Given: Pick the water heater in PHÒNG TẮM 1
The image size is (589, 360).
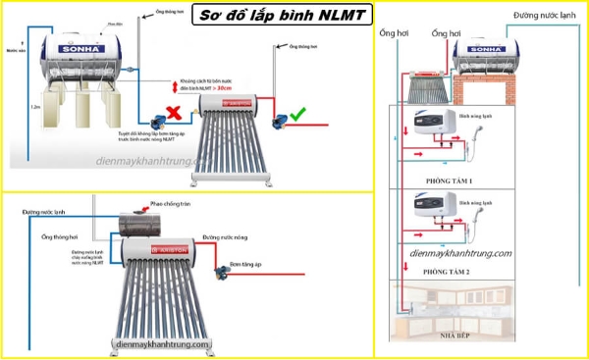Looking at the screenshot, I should [435, 126].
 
